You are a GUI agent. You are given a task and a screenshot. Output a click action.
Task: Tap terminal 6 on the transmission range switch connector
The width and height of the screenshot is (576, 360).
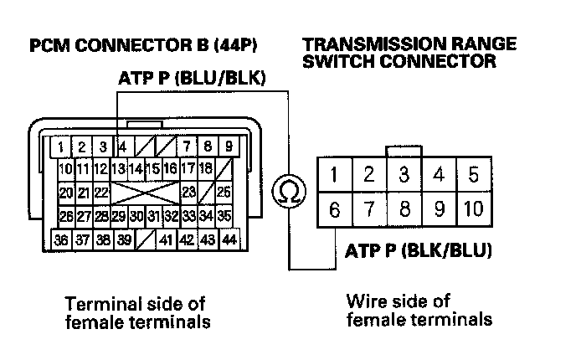coord(335,208)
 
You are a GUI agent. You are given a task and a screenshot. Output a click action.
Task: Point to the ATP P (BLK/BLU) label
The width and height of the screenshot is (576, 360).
coord(418,250)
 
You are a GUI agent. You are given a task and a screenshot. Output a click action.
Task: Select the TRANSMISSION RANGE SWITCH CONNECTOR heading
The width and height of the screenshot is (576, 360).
coord(409,52)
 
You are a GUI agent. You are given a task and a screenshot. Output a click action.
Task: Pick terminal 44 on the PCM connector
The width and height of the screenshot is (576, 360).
coord(229,239)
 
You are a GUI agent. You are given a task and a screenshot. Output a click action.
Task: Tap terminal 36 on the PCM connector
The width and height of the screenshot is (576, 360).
coord(61,239)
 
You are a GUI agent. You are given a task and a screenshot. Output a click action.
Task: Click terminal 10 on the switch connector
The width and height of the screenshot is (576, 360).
coord(473,208)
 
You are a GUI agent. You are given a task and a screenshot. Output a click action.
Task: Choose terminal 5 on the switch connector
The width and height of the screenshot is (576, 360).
coord(473,176)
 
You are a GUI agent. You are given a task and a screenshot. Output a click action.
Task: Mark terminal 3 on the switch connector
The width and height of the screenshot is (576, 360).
coord(404,176)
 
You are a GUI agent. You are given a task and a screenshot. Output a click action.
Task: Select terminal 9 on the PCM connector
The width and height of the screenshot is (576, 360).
coord(228,147)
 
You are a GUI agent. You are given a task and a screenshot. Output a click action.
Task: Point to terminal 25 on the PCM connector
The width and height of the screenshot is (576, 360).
coord(224,193)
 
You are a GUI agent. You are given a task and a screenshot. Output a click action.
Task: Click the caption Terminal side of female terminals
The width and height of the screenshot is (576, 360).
coord(135,311)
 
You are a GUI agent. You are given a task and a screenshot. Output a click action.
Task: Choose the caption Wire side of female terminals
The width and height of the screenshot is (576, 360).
coord(419,309)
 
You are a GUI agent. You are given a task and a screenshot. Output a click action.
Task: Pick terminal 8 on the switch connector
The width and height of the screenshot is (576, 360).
coord(404,208)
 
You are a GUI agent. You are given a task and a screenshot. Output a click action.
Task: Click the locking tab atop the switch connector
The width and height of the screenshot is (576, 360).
coord(404,151)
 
